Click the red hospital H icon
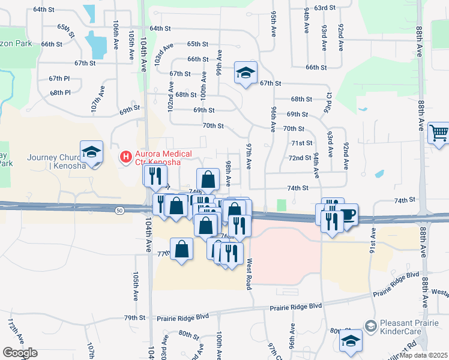(x=125, y=157)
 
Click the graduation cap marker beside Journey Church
(x=91, y=152)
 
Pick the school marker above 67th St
(x=246, y=73)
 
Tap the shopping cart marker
(x=439, y=133)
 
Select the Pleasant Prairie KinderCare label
(x=408, y=329)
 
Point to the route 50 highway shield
(x=120, y=209)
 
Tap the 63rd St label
(x=324, y=8)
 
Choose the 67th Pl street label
(x=59, y=79)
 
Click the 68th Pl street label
(x=60, y=92)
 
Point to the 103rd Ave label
(x=159, y=53)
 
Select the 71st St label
(x=301, y=143)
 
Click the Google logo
(x=20, y=353)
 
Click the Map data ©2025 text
(x=424, y=355)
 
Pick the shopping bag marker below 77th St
(x=181, y=249)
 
